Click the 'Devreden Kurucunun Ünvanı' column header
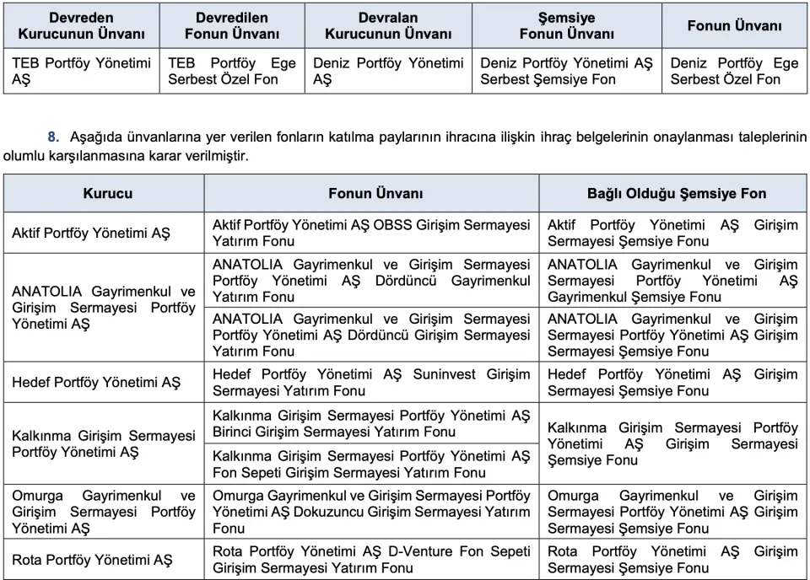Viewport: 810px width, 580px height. click(x=81, y=26)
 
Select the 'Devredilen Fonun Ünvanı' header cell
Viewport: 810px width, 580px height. click(x=232, y=26)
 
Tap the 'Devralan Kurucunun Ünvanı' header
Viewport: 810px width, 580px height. click(x=388, y=26)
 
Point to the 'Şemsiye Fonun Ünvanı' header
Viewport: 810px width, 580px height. click(x=566, y=26)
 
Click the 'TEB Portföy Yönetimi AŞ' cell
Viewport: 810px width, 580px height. click(x=81, y=71)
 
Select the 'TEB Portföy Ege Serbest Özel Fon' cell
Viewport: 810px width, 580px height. click(x=232, y=71)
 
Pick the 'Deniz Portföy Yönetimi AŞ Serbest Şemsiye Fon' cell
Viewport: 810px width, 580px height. click(x=566, y=71)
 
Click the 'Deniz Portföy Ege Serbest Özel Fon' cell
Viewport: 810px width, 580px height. click(x=734, y=71)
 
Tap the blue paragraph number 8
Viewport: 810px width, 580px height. click(x=53, y=137)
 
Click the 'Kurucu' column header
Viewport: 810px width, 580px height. click(x=107, y=193)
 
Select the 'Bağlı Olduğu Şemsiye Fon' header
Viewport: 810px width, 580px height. click(x=677, y=193)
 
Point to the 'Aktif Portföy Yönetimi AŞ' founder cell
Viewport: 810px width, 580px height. click(x=91, y=234)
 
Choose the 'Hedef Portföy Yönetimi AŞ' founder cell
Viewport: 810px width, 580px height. click(x=96, y=383)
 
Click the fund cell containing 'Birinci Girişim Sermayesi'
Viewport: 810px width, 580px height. click(x=371, y=424)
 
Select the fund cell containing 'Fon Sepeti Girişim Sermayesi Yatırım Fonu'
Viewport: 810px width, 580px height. click(x=371, y=465)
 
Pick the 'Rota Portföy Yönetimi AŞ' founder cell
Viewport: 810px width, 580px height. click(x=92, y=560)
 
